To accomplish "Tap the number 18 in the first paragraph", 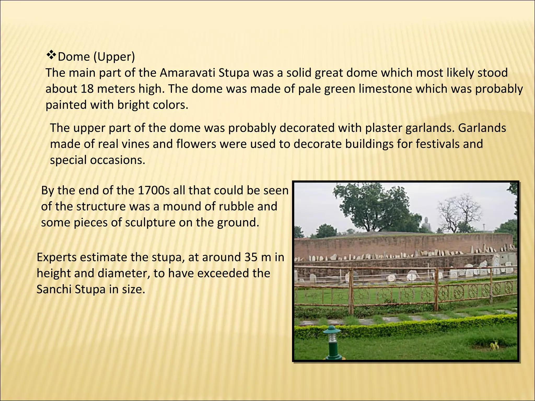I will [x=87, y=89].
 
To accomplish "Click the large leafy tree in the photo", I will [x=374, y=204].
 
